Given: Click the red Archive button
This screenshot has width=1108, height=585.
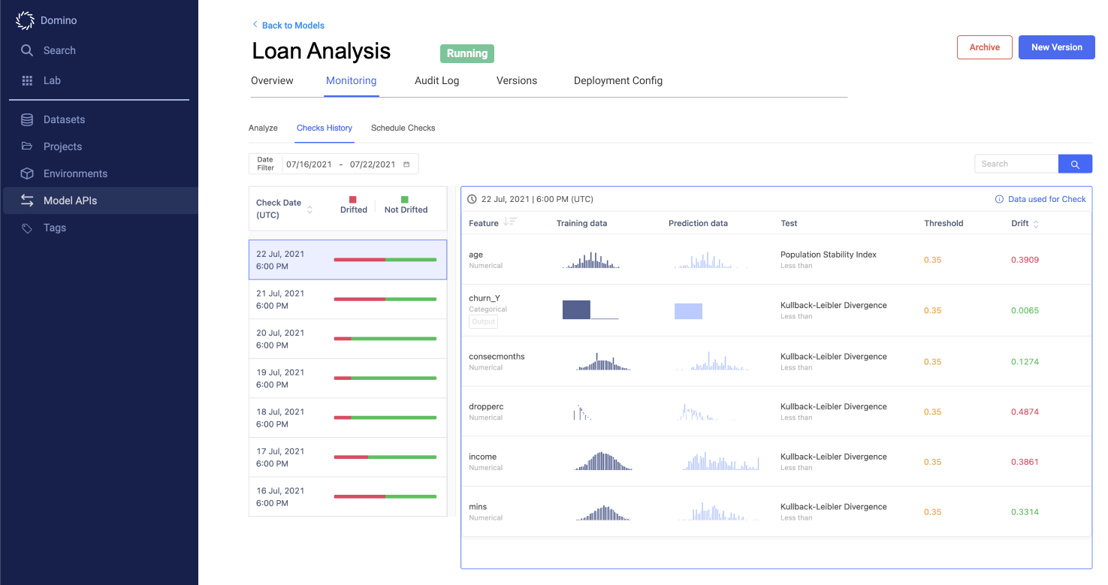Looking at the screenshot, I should tap(984, 47).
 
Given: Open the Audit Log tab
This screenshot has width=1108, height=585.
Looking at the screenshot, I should tap(436, 80).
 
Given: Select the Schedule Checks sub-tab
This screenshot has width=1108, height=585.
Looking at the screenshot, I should tap(403, 128).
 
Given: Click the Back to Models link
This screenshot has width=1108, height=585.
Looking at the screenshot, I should tap(292, 26).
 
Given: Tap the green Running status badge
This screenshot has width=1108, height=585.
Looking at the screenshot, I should tap(466, 53).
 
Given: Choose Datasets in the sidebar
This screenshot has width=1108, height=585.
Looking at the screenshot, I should tap(64, 119).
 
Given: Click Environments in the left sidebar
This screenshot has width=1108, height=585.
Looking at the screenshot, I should tap(75, 173).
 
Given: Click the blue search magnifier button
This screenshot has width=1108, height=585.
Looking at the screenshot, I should tap(1075, 164).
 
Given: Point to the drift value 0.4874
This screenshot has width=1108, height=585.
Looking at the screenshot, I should tap(1025, 412).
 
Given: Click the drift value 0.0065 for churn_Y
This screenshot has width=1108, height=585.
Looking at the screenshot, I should tap(1025, 310).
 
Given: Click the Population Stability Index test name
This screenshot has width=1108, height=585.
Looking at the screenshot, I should tap(828, 255).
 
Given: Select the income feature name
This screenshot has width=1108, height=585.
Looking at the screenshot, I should tap(482, 457).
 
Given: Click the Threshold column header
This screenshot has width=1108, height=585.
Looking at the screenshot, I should tap(943, 223).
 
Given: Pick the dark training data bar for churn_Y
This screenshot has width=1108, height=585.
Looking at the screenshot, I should tap(576, 309).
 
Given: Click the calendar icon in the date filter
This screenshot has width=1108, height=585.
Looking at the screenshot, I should tap(406, 164).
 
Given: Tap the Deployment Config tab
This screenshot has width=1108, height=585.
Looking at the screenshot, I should tap(617, 80).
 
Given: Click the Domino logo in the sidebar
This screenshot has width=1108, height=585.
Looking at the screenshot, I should tap(26, 20).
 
